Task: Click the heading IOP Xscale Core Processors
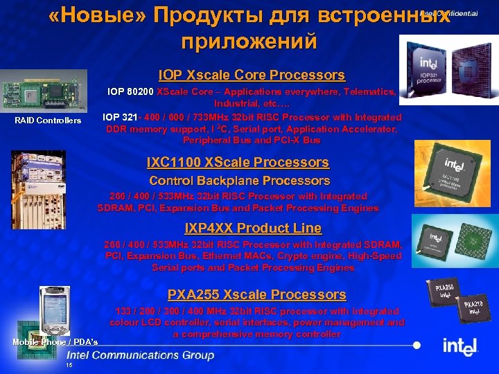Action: pos(251,75)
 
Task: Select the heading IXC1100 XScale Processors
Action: pos(238,163)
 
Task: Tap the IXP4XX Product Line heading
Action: pos(253,229)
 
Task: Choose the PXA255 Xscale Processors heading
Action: pos(256,295)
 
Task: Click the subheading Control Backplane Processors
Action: pos(239,181)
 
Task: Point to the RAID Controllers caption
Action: pos(48,121)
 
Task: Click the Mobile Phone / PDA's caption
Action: pos(55,342)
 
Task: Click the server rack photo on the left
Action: pos(39,187)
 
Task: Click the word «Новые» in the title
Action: pos(92,17)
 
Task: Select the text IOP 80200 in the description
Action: pos(130,91)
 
